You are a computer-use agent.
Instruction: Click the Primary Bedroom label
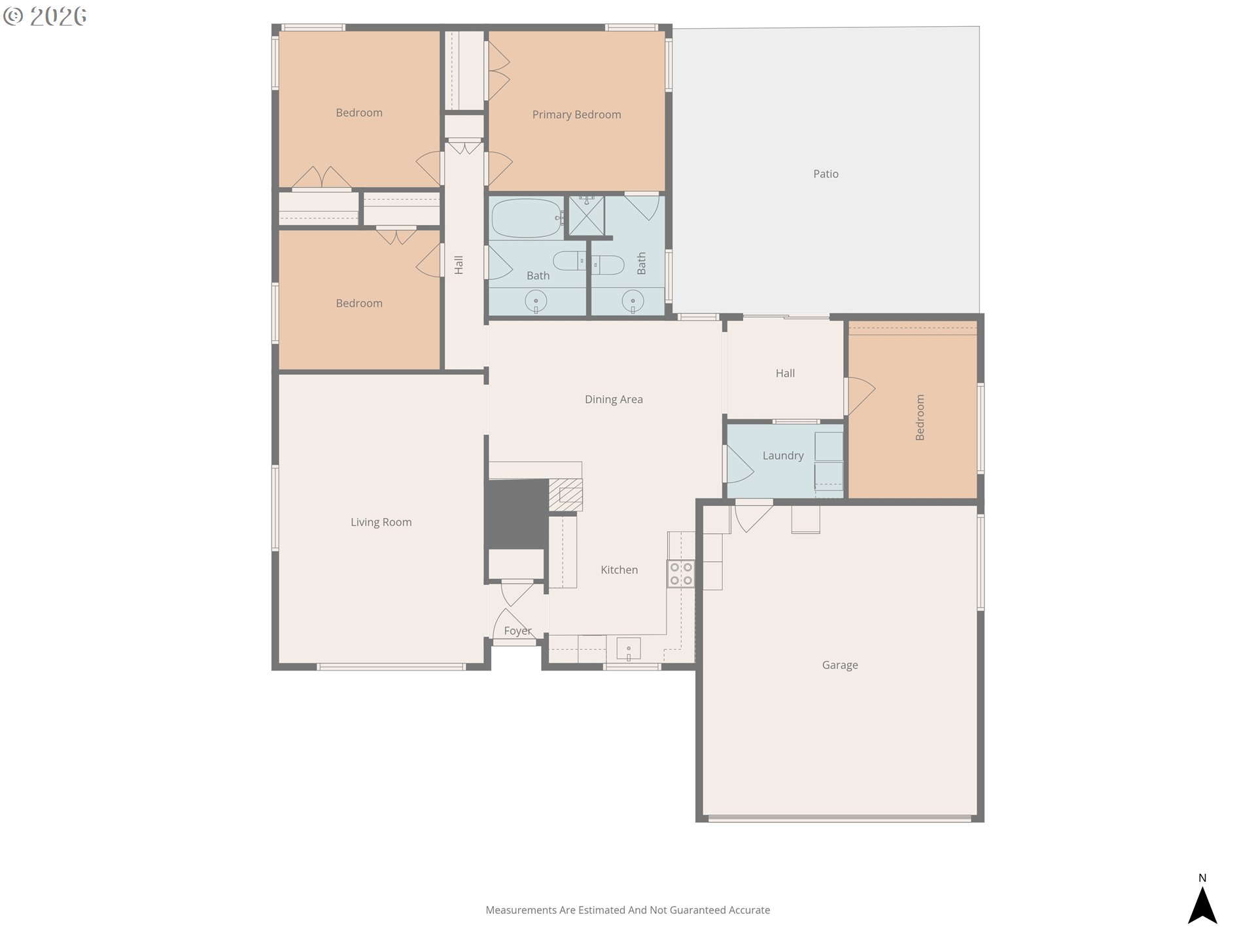(576, 114)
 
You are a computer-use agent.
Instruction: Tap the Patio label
(826, 173)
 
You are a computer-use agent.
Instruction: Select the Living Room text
(381, 522)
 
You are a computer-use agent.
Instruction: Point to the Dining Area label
(614, 399)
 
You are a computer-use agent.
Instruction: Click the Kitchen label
(619, 570)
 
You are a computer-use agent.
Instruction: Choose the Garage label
(840, 665)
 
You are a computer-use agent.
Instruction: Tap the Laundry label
(783, 456)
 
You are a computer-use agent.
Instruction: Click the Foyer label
(517, 631)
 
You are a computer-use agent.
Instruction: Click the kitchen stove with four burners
(680, 574)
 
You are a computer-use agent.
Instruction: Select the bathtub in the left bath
(527, 218)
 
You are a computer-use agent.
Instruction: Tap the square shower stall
(586, 215)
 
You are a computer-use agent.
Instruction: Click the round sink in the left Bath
(536, 302)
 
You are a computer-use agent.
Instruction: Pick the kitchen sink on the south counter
(629, 649)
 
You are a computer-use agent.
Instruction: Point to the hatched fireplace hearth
(565, 495)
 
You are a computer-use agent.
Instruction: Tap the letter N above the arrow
(1202, 878)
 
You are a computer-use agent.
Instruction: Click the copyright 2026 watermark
(44, 16)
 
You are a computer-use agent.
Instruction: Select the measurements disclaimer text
(627, 910)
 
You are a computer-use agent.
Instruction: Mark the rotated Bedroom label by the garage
(920, 417)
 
